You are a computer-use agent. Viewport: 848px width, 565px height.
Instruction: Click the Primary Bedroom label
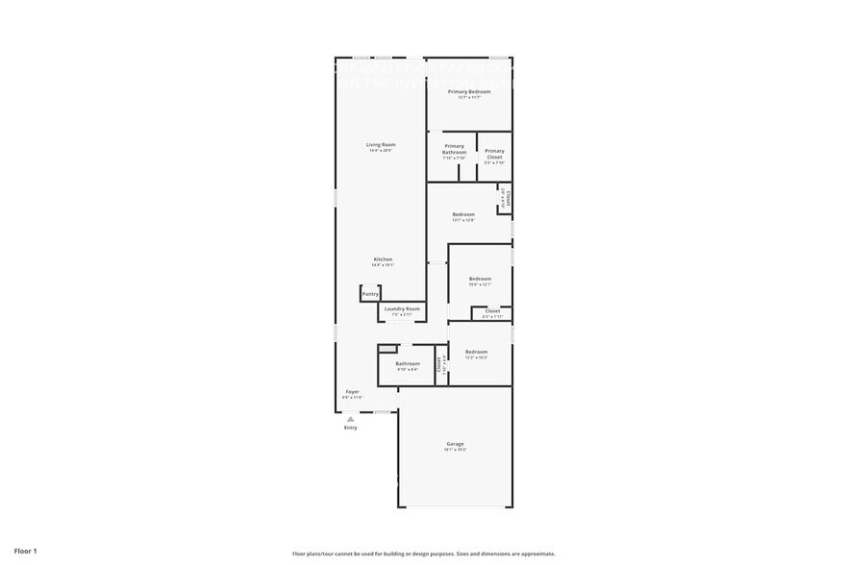point(469,91)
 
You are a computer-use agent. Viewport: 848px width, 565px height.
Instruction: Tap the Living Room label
point(381,145)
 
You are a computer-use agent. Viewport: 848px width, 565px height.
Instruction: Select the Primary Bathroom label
point(454,149)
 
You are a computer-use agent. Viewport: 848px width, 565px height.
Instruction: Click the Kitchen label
point(383,259)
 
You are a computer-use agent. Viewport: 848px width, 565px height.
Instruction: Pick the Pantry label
point(370,294)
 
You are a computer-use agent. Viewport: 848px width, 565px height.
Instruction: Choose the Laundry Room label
point(403,308)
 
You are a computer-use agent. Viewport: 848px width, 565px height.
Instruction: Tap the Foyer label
point(353,392)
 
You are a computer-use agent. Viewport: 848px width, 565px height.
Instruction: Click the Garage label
point(455,444)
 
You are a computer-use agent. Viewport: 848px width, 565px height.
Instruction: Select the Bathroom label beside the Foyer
point(408,363)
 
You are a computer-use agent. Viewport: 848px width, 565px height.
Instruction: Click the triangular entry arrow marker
point(351,419)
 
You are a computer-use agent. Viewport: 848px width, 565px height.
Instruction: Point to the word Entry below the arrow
point(351,428)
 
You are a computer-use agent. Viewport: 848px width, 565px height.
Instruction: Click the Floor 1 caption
point(26,552)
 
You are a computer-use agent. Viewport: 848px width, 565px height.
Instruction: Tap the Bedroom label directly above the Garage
point(476,352)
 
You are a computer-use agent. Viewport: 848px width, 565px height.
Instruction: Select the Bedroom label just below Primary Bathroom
point(463,214)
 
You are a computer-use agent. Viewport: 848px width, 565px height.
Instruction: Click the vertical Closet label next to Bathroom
point(438,363)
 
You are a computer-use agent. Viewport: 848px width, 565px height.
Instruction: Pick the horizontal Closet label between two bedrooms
point(492,310)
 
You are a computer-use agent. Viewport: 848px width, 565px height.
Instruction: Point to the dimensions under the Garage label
point(455,450)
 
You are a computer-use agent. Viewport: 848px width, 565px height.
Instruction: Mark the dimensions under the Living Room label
point(381,151)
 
